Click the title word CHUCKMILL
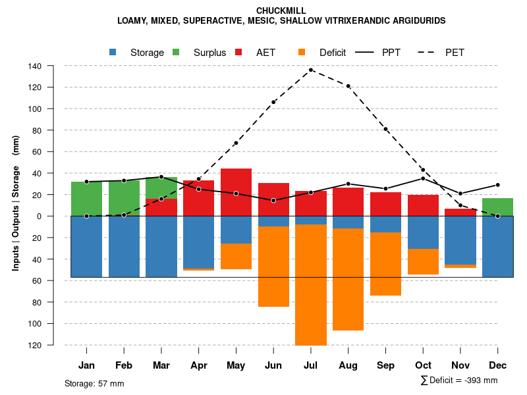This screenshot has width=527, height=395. (281, 11)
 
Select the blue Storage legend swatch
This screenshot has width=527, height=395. (113, 52)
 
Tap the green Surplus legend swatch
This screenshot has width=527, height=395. (177, 52)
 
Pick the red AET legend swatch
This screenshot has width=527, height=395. (239, 52)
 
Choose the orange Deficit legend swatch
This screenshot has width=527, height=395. (302, 52)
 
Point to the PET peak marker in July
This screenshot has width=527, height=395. (311, 70)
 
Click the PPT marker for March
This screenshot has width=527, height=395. (161, 176)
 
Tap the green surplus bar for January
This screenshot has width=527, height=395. (86, 199)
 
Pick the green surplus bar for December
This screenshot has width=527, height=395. (497, 207)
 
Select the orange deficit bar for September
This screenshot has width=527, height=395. (385, 264)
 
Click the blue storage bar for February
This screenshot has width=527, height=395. (124, 246)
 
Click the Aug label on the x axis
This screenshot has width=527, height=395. (348, 365)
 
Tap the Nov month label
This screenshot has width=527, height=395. (460, 365)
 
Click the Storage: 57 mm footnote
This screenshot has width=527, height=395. (94, 383)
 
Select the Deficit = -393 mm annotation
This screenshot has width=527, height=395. (459, 381)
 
